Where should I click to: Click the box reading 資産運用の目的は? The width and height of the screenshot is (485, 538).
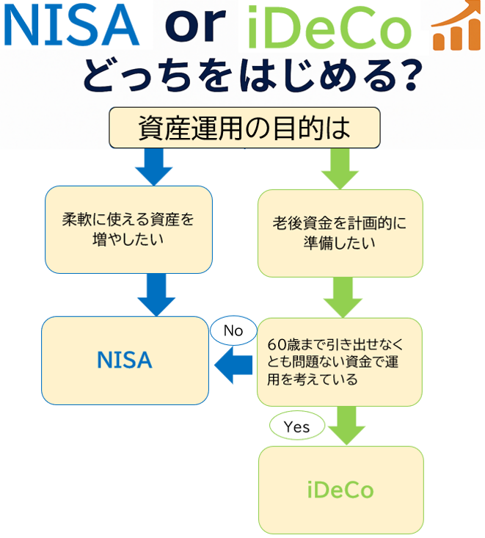pyautogui.click(x=244, y=128)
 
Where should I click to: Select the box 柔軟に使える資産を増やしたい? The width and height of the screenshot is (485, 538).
pyautogui.click(x=128, y=229)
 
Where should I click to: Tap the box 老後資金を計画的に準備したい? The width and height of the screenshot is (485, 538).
pyautogui.click(x=340, y=233)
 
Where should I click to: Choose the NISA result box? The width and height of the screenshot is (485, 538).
pyautogui.click(x=125, y=360)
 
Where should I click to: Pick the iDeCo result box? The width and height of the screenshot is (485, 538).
pyautogui.click(x=340, y=489)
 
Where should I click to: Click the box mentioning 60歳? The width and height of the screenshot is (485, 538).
pyautogui.click(x=339, y=362)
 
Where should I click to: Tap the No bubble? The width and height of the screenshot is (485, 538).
pyautogui.click(x=233, y=331)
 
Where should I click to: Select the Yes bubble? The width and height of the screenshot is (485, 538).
pyautogui.click(x=296, y=426)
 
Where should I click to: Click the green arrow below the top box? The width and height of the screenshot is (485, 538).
pyautogui.click(x=339, y=168)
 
